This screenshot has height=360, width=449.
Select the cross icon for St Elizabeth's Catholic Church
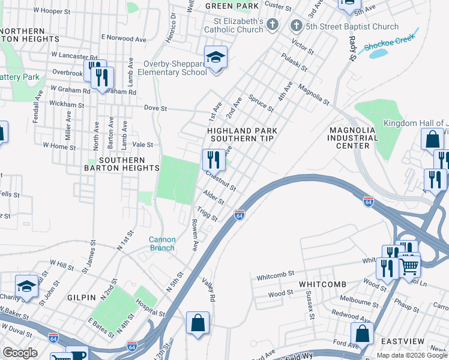pyautogui.click(x=273, y=25)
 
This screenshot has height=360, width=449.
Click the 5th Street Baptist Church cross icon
pyautogui.click(x=295, y=26)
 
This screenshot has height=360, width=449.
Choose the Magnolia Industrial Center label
pyautogui.click(x=352, y=137)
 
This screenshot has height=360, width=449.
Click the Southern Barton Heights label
pyautogui.click(x=122, y=164)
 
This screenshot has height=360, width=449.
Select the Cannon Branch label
pyautogui.click(x=162, y=244)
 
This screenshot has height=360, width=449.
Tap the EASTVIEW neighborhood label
pyautogui.click(x=403, y=341)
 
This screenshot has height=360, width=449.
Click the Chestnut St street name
pyautogui.click(x=221, y=181)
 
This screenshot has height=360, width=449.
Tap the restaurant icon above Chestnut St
pyautogui.click(x=214, y=160)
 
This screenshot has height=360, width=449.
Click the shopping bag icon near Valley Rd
pyautogui.click(x=197, y=323)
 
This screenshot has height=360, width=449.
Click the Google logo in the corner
pyautogui.click(x=19, y=353)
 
